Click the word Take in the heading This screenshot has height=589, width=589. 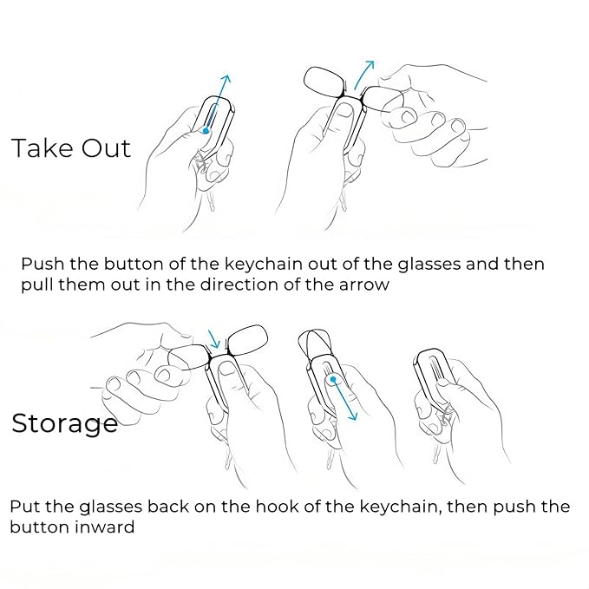coord(42,148)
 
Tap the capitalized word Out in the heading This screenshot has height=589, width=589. coord(107,148)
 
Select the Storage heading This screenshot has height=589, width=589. coord(64,424)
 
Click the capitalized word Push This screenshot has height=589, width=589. coord(43,264)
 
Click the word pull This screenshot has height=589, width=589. coord(36,285)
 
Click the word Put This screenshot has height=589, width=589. coord(25,507)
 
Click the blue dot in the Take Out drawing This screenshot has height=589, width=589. coord(206,131)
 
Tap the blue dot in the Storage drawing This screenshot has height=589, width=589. coord(333,380)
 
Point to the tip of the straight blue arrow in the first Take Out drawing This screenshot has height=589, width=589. coord(227,75)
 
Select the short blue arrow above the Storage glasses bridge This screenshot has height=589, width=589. coord(214,339)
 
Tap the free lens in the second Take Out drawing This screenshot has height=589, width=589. coord(323,82)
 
